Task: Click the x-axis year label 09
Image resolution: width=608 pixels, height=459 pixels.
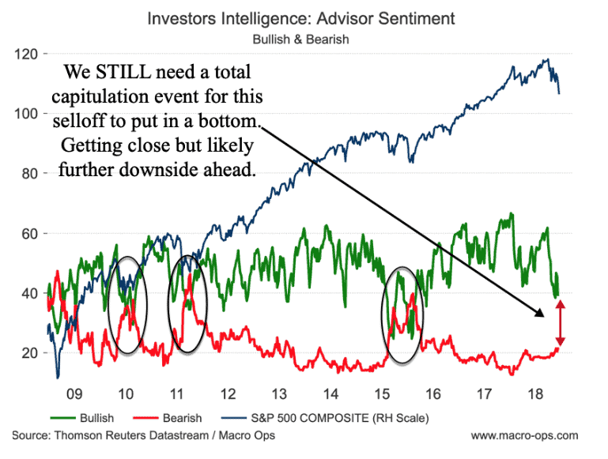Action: click(x=74, y=393)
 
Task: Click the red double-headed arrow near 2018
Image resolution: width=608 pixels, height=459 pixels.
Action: click(x=559, y=323)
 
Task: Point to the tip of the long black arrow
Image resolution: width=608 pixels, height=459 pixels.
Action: click(x=544, y=316)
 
